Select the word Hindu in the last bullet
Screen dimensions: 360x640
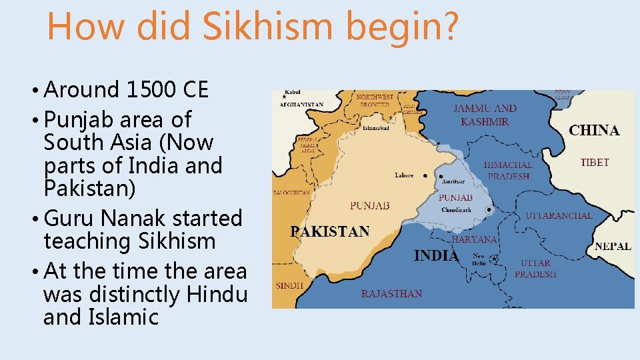click(218, 294)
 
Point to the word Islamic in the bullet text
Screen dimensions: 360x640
click(123, 317)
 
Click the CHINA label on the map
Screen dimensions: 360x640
click(594, 131)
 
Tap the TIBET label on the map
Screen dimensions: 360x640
click(594, 162)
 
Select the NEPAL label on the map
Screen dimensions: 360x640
click(613, 247)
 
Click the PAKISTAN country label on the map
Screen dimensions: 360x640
click(329, 231)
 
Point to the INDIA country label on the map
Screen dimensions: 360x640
click(436, 255)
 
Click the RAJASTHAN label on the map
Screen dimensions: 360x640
click(392, 293)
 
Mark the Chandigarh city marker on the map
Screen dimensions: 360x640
click(489, 209)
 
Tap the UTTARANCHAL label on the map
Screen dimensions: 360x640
click(559, 215)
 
